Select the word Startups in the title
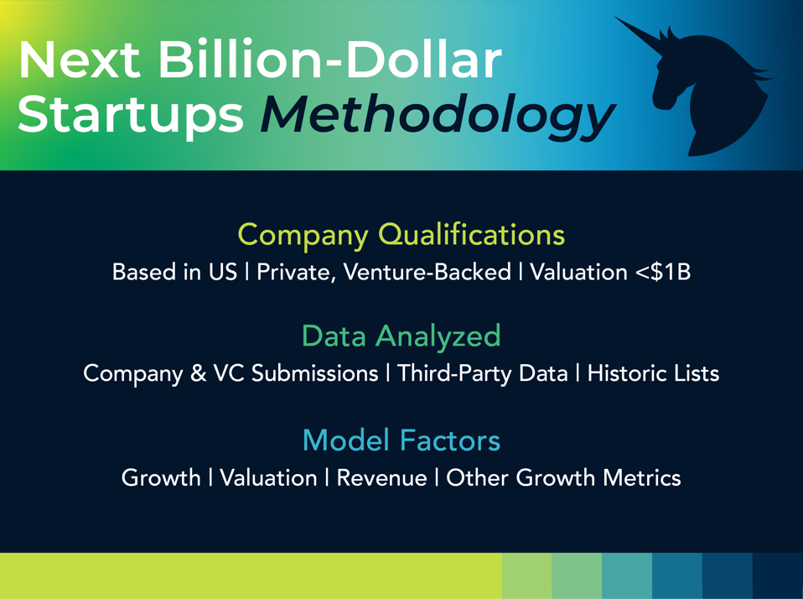coord(131,115)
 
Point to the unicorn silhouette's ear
coord(671,37)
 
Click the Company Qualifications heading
coord(401,234)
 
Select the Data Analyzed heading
coord(401,336)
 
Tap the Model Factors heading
coord(401,440)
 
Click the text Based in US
coord(174,273)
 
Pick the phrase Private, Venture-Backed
coord(383,273)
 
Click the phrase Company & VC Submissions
coord(231,373)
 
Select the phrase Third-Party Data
coord(482,373)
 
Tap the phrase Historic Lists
coord(653,373)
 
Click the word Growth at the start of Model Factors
coord(161,478)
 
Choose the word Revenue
coord(381,478)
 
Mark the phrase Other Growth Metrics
coord(563,478)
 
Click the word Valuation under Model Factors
coord(268,478)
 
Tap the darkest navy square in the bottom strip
coord(778,576)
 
